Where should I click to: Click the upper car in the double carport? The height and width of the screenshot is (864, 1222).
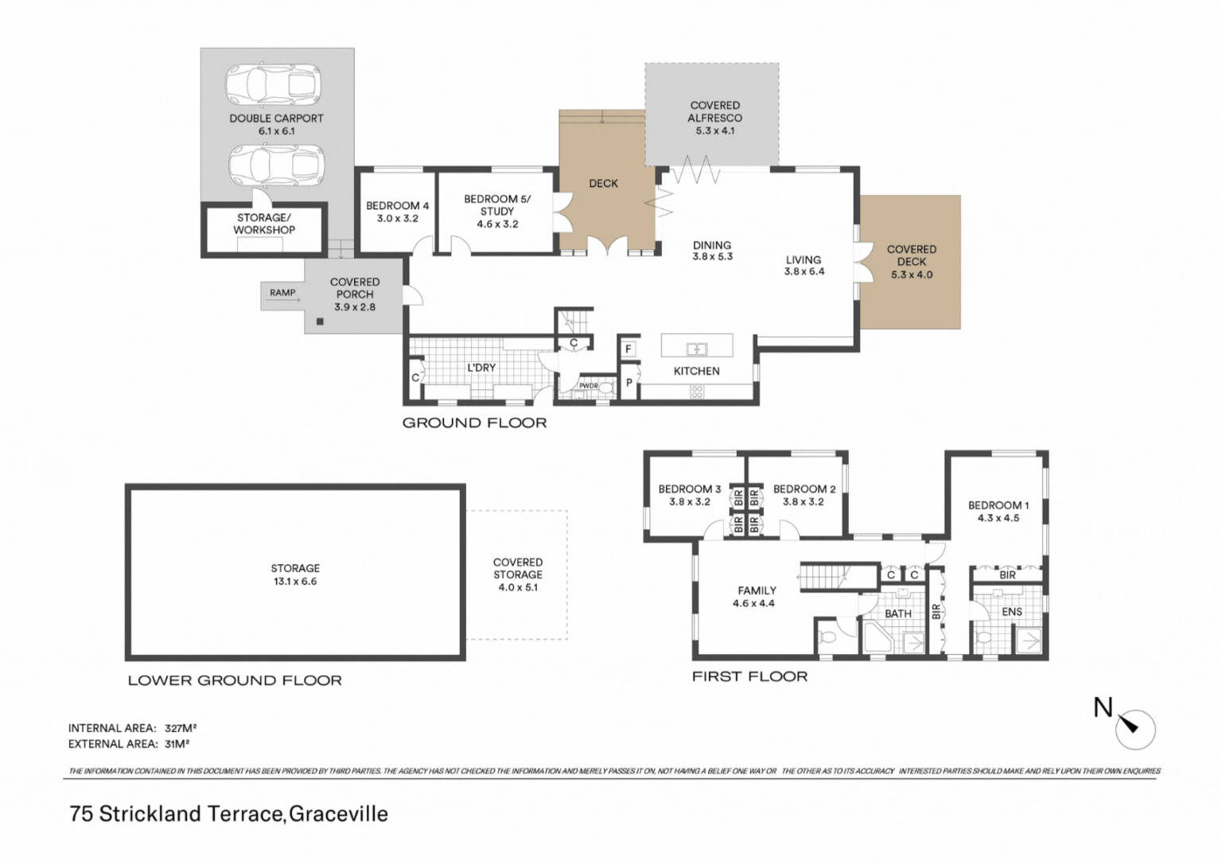pos(274,85)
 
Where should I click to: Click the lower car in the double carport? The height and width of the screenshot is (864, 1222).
pos(276,165)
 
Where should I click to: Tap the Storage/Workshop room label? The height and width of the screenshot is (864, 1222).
pos(264,224)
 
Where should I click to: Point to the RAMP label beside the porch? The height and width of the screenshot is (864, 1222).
pos(282,293)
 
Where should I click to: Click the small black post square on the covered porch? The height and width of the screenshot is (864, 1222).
pos(321,322)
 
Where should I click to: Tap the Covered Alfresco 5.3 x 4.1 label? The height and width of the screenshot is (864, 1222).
pos(714,118)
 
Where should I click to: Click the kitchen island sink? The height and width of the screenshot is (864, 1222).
pos(697,348)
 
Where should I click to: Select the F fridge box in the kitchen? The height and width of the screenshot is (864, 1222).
pos(629,349)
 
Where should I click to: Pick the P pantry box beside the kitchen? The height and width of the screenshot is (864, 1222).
pos(629,383)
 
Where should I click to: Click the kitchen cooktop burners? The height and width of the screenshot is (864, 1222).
pos(697,391)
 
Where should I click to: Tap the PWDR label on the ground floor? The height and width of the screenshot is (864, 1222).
pos(589,386)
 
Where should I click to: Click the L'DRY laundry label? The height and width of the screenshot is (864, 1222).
pos(481,368)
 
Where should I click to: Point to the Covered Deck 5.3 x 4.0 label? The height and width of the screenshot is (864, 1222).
pos(912,262)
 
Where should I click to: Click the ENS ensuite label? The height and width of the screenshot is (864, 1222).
pos(1012,612)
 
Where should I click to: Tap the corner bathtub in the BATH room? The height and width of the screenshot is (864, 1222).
pos(878,636)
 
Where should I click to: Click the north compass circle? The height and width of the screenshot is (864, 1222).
pos(1135,730)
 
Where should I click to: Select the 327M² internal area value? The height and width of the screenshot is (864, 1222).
pos(181,728)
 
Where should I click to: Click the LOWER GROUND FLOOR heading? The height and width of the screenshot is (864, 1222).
pos(235,680)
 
